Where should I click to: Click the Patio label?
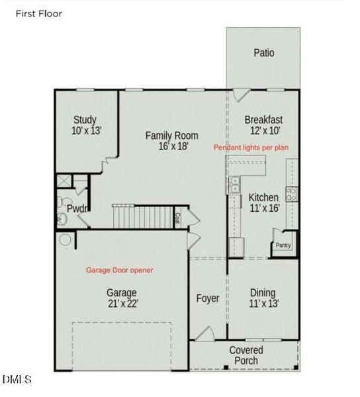point(263,53)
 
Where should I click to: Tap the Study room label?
point(85,120)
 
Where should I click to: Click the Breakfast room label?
point(263,120)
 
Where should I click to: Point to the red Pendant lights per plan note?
point(250,148)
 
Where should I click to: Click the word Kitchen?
point(264,197)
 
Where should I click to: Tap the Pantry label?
point(283,245)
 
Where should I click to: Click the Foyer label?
point(208,298)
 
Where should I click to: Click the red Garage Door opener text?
point(120,270)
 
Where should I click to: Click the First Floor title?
point(39,13)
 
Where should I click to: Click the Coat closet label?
point(177,216)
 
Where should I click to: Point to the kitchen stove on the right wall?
point(291,193)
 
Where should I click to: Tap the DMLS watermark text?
point(17,380)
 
